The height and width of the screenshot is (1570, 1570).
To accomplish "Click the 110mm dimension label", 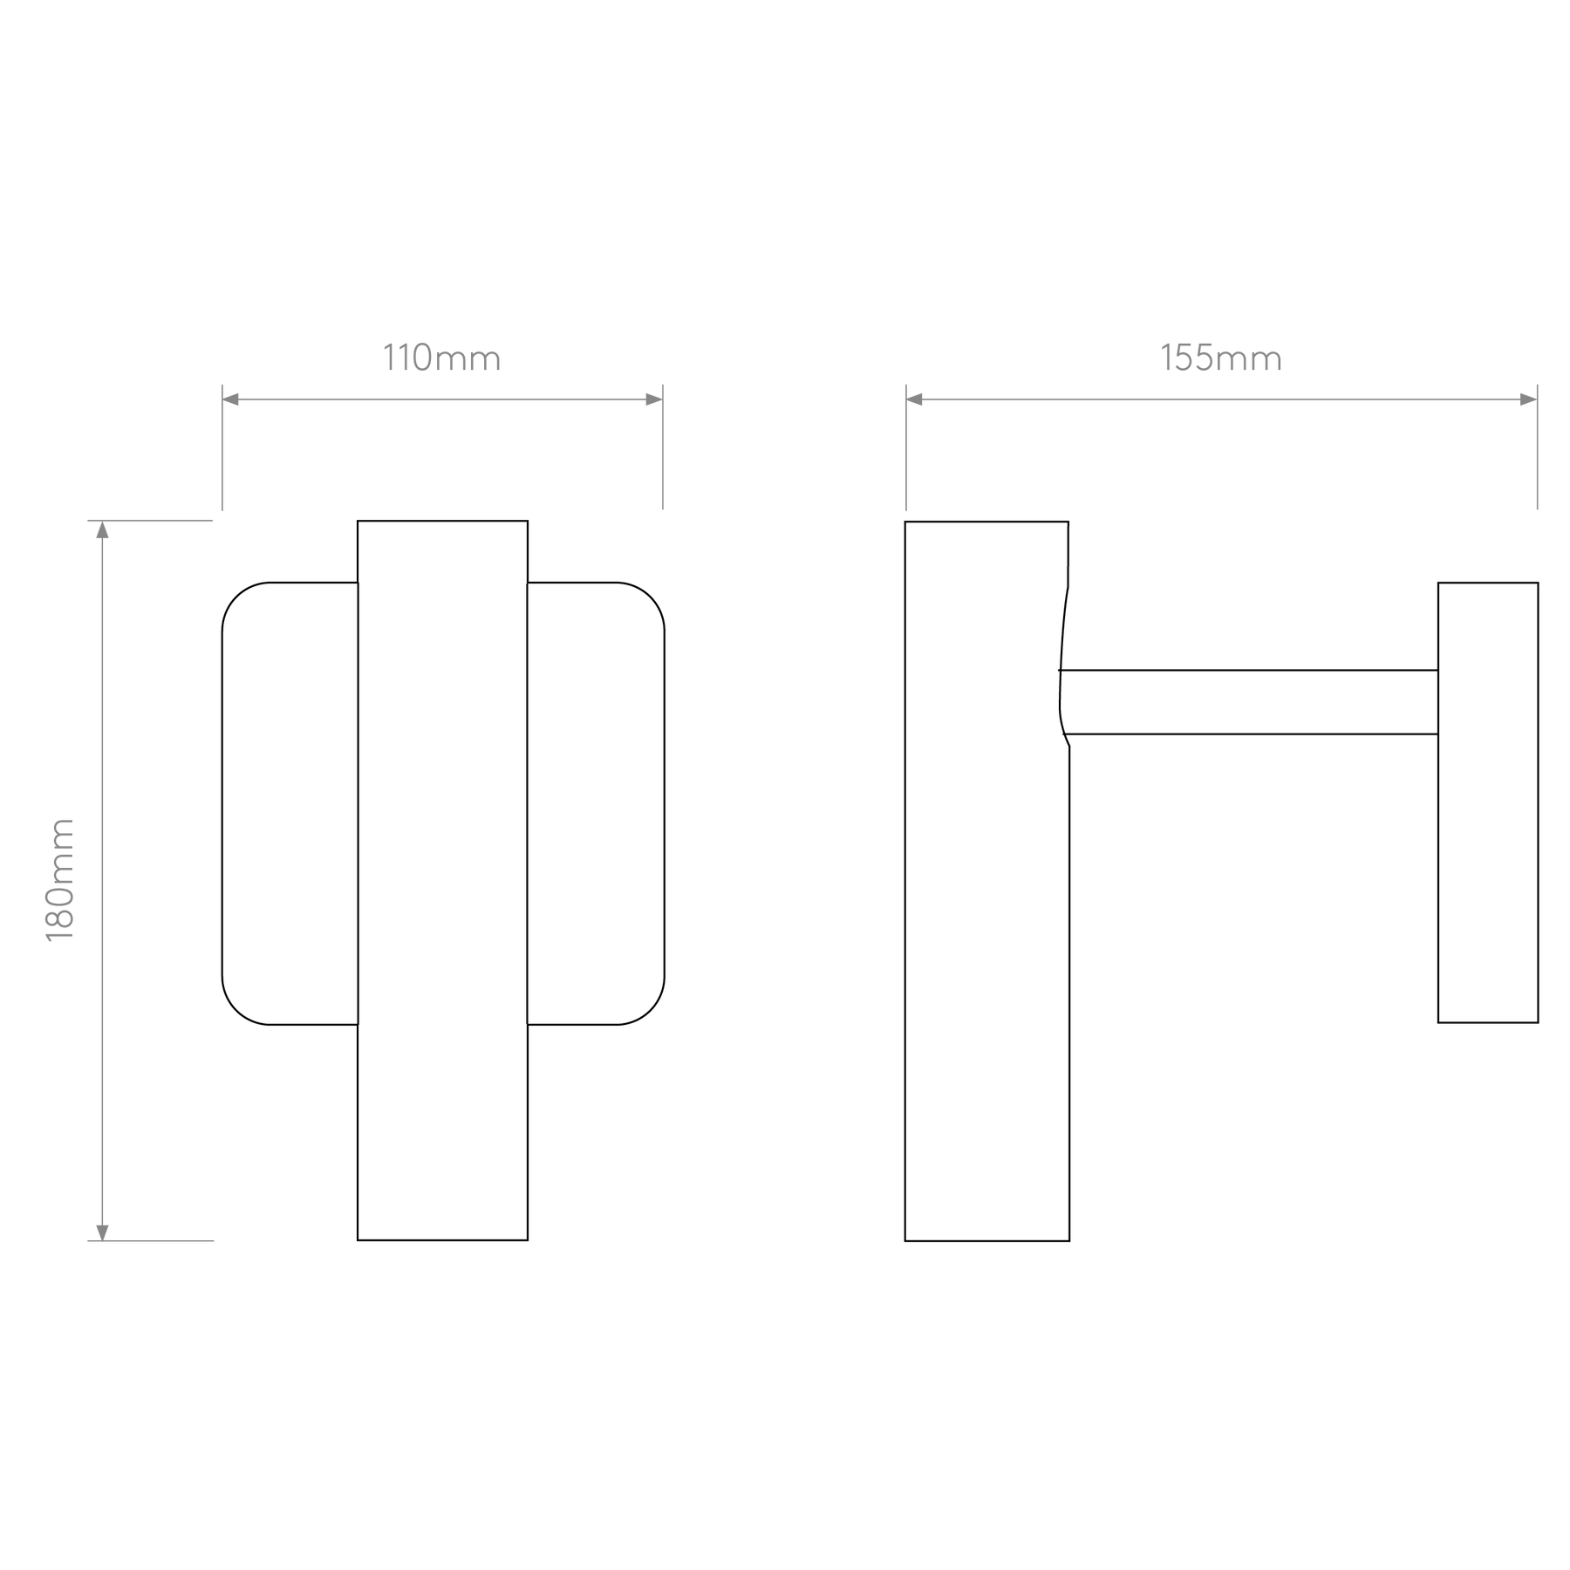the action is pos(442,358).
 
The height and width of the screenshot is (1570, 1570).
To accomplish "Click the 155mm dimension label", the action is pos(1221,358).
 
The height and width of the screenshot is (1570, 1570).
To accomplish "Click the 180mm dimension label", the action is pos(60,880).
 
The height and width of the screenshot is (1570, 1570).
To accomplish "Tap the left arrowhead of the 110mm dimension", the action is pos(231,399).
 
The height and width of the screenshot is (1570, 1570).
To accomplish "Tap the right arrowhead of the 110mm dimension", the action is pos(654,399).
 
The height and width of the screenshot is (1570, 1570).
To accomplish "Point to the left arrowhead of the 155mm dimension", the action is pos(915,399).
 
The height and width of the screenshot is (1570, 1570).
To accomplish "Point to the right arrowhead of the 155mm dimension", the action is pos(1528,399).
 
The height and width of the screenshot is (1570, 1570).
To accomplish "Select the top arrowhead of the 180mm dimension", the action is pos(102,529).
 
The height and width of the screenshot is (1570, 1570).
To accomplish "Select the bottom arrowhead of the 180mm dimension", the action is pos(102,1232).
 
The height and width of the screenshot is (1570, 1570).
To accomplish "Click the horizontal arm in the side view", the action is pos(1249,702).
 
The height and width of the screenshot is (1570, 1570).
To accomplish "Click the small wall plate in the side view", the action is pos(1488,802).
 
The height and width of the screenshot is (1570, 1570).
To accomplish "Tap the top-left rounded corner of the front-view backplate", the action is pos(237,597).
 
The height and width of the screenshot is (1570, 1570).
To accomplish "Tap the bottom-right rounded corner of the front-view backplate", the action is pos(649,1009).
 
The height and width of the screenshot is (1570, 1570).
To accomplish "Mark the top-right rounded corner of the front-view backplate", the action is pos(649,597).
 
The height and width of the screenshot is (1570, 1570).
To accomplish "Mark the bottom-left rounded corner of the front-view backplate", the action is pos(237,1009).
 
